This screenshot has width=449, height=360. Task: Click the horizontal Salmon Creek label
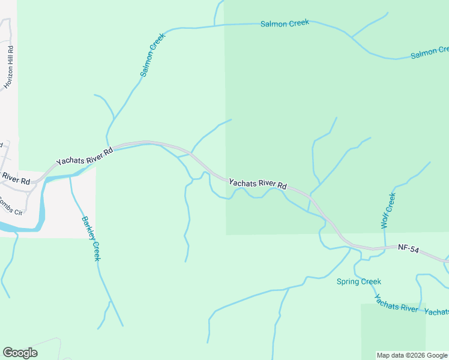285,23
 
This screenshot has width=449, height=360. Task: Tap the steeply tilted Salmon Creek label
152,55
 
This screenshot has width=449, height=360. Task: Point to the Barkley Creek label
91,238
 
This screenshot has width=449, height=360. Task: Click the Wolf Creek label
388,211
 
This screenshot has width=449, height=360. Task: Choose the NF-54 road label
408,248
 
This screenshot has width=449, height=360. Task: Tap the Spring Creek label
358,281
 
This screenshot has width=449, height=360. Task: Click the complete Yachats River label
396,304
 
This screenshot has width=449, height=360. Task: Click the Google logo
20,353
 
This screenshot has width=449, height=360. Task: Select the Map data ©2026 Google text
412,355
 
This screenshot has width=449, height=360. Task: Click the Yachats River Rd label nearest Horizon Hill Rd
85,157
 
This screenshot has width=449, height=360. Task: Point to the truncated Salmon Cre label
429,54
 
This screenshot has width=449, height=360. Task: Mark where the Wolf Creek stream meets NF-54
385,247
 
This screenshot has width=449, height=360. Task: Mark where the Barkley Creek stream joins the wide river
71,176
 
